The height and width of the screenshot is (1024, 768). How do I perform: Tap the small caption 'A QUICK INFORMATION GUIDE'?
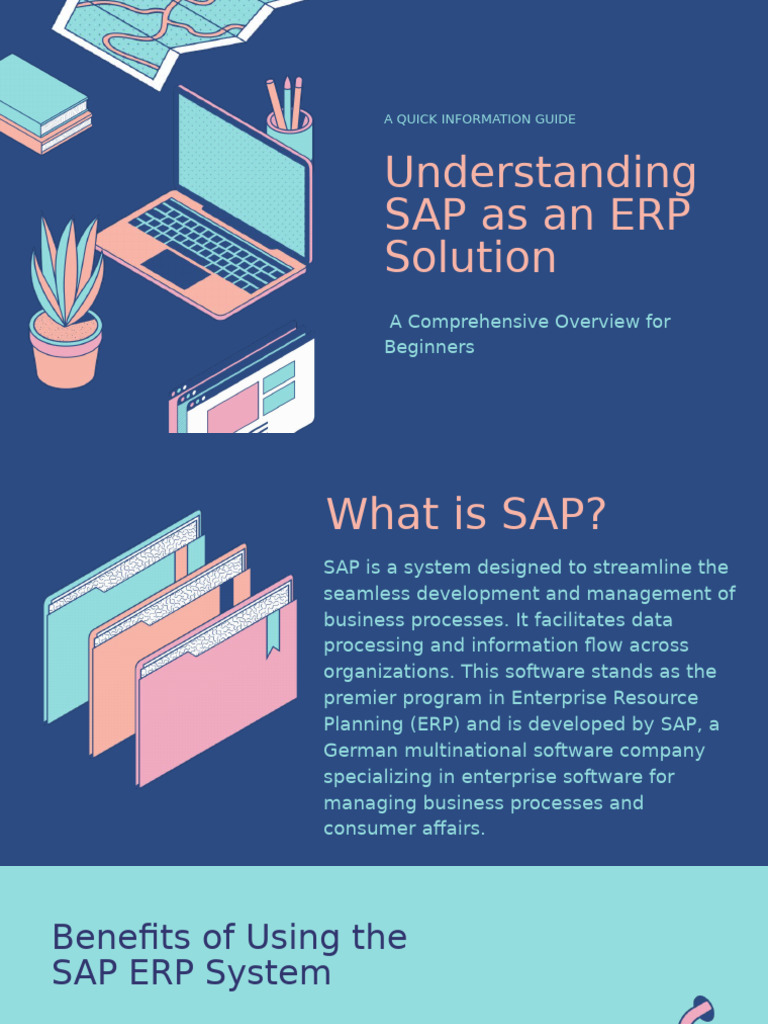pyautogui.click(x=479, y=119)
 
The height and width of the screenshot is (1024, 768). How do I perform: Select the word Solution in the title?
pyautogui.click(x=470, y=258)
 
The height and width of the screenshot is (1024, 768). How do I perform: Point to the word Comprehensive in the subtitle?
pyautogui.click(x=480, y=322)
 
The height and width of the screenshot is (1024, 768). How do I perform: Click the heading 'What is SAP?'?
pyautogui.click(x=466, y=514)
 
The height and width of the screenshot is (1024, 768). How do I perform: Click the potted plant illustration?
pyautogui.click(x=66, y=305)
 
